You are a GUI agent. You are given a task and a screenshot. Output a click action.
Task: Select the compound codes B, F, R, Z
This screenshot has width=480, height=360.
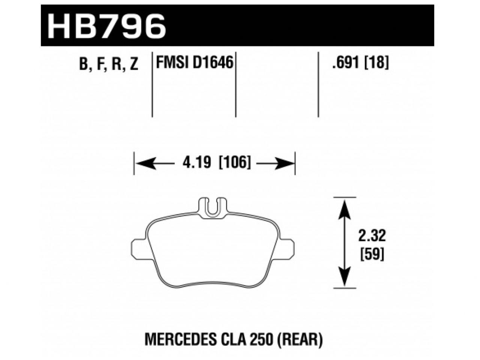point(109,64)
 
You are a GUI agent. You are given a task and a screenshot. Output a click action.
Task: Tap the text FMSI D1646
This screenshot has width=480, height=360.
point(194,62)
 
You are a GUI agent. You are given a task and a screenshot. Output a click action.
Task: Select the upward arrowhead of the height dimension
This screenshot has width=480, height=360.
point(344,208)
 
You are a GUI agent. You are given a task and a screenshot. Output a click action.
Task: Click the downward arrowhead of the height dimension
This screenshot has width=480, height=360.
point(344,277)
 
